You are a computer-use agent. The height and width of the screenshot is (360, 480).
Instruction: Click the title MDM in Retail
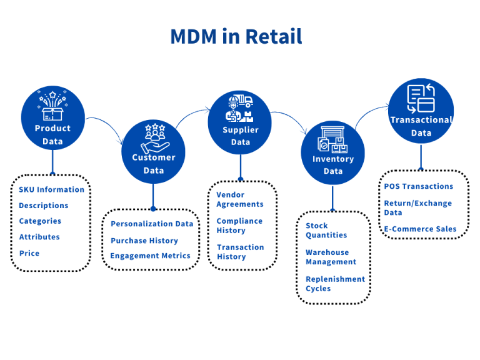coord(236,36)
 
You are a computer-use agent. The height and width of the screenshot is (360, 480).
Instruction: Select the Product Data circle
coord(52,118)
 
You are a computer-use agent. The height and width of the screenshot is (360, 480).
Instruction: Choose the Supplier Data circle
coord(240,122)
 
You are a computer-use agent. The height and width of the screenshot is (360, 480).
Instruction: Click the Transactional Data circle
coord(421,111)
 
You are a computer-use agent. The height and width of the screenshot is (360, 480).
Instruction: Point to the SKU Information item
coord(51,189)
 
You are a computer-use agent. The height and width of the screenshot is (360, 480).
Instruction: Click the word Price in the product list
coord(29,253)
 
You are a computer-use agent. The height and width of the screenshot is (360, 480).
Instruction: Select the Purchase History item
coord(144,241)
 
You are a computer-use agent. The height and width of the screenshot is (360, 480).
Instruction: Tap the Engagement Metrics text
coord(150,256)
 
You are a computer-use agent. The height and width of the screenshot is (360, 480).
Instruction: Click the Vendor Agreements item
coord(240,199)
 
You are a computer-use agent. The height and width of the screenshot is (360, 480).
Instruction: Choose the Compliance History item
coord(239,226)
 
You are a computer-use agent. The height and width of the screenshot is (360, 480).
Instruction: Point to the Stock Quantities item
coord(326,230)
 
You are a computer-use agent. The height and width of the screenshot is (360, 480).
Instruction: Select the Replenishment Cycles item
coord(335,284)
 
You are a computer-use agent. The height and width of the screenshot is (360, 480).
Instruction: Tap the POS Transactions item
coord(418,186)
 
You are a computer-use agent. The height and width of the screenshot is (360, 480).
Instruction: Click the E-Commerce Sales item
coord(420,229)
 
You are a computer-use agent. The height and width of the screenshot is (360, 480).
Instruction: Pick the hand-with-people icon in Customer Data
coord(153,139)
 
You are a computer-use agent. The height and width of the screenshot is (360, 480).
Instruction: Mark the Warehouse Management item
coord(331,257)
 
